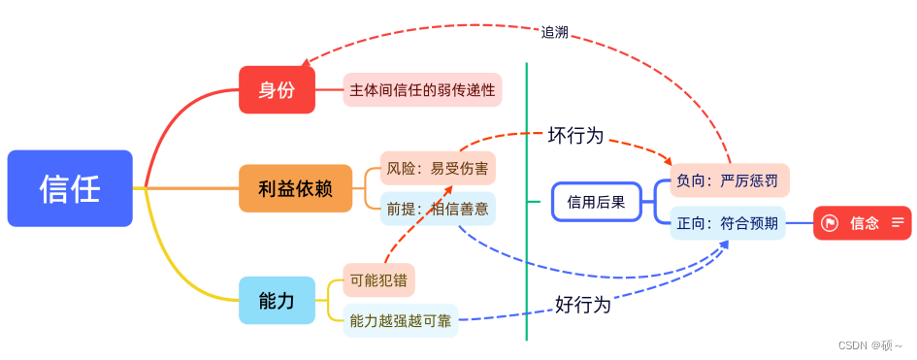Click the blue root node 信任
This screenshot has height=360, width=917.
pyautogui.click(x=70, y=188)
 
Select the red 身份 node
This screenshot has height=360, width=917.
pyautogui.click(x=277, y=90)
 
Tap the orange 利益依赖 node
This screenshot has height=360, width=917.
pyautogui.click(x=296, y=188)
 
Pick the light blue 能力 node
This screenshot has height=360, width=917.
pyautogui.click(x=277, y=301)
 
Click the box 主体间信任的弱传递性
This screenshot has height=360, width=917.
pyautogui.click(x=423, y=90)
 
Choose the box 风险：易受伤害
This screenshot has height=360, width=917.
pyautogui.click(x=438, y=168)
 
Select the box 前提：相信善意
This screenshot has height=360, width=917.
pyautogui.click(x=438, y=208)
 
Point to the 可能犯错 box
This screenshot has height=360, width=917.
pyautogui.click(x=379, y=280)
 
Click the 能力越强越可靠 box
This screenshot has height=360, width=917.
pyautogui.click(x=401, y=320)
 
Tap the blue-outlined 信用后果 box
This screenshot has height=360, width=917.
pyautogui.click(x=597, y=202)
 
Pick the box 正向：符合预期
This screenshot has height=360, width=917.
pyautogui.click(x=728, y=223)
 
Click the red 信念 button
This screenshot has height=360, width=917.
pyautogui.click(x=863, y=223)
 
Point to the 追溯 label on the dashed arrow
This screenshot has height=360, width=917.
pyautogui.click(x=555, y=31)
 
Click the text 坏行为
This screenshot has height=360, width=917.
pyautogui.click(x=575, y=136)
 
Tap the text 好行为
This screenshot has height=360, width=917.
pyautogui.click(x=582, y=305)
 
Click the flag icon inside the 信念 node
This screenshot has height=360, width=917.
pyautogui.click(x=831, y=223)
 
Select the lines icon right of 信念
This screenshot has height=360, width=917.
pyautogui.click(x=897, y=223)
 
